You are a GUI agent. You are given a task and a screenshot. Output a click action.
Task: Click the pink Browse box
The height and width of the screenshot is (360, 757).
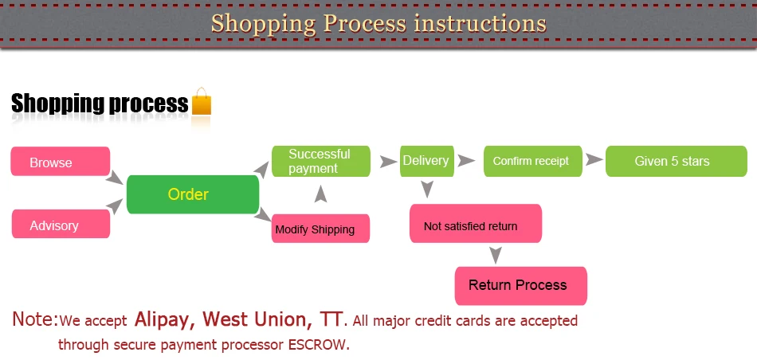(61, 161)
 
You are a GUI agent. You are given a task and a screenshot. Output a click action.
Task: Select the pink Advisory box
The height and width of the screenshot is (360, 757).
(61, 224)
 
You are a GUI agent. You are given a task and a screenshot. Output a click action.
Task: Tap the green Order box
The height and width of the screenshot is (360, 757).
(193, 194)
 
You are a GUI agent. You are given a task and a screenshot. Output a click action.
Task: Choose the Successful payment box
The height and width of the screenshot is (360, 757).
(321, 161)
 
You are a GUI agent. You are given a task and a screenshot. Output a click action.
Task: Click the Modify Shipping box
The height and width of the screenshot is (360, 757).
(320, 229)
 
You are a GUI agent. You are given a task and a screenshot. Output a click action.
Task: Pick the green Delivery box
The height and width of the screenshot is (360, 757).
(427, 161)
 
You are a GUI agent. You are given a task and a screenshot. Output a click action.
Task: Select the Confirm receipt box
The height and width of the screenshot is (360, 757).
(533, 161)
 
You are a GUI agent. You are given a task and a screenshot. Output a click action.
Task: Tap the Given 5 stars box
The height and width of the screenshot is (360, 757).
(677, 161)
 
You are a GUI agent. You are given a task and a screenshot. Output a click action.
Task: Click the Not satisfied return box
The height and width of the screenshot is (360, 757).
(476, 224)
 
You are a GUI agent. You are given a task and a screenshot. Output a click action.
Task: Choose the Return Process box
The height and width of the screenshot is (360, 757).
(521, 286)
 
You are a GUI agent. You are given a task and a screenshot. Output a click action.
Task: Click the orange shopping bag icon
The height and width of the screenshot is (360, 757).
(202, 101)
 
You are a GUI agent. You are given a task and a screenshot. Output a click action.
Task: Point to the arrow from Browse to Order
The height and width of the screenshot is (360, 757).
(115, 177)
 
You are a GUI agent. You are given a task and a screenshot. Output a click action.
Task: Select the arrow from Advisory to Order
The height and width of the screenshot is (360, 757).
(115, 206)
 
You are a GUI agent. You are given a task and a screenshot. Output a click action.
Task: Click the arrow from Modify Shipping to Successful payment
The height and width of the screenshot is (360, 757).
(320, 194)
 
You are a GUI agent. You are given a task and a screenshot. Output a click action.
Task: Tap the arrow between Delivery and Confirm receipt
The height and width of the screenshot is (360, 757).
(466, 161)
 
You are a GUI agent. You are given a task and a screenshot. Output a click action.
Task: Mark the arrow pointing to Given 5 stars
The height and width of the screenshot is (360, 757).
(594, 160)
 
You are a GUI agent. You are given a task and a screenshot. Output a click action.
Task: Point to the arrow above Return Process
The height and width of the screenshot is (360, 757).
(496, 256)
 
